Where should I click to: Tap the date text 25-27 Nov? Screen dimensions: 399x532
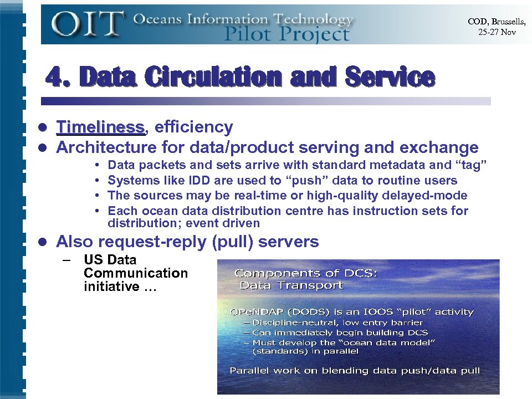pyautogui.click(x=497, y=32)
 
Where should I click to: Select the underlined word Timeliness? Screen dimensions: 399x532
pyautogui.click(x=100, y=127)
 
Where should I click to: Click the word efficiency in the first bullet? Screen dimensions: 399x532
pyautogui.click(x=193, y=127)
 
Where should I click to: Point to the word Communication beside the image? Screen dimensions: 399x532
pyautogui.click(x=136, y=273)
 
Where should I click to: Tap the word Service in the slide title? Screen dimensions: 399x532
pyautogui.click(x=389, y=77)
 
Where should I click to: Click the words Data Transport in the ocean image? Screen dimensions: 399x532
pyautogui.click(x=291, y=286)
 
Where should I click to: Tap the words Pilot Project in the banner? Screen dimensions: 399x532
pyautogui.click(x=287, y=34)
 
